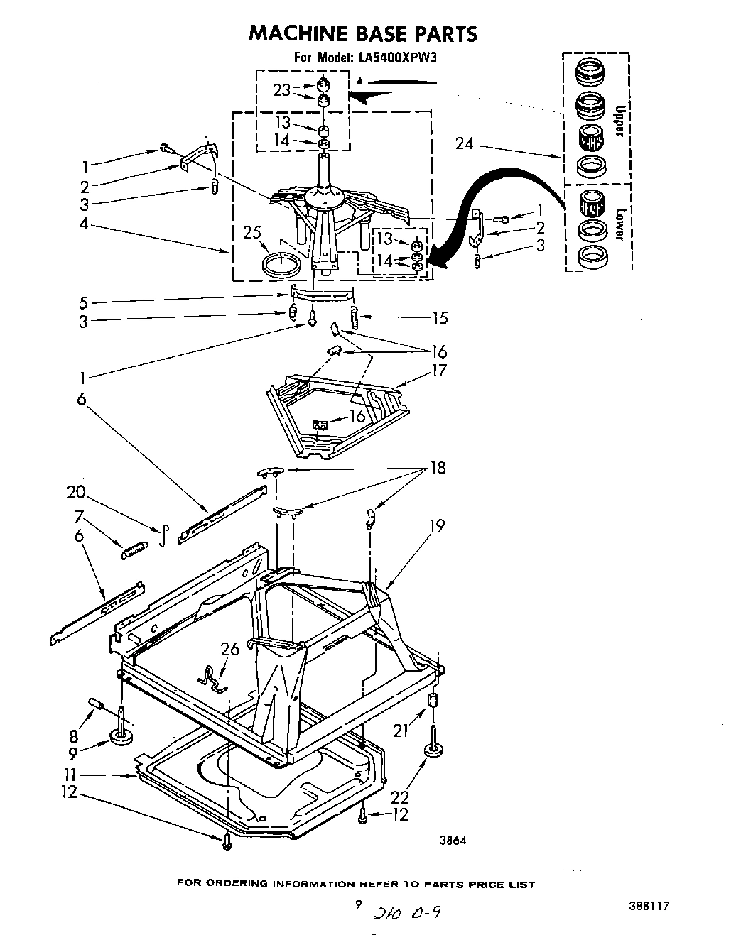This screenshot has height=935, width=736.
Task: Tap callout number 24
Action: coord(464,144)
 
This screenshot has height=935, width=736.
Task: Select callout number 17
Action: coord(438,370)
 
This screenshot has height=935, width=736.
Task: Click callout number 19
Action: coord(436,525)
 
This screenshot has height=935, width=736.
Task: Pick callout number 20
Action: coord(76,492)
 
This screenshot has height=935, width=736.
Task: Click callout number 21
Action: coord(401,730)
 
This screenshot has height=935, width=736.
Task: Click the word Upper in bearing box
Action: coord(619,121)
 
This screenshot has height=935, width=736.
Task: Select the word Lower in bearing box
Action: coord(619,224)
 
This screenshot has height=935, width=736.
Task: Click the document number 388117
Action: coord(649,905)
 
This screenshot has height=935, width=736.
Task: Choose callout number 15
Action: coord(440,317)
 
